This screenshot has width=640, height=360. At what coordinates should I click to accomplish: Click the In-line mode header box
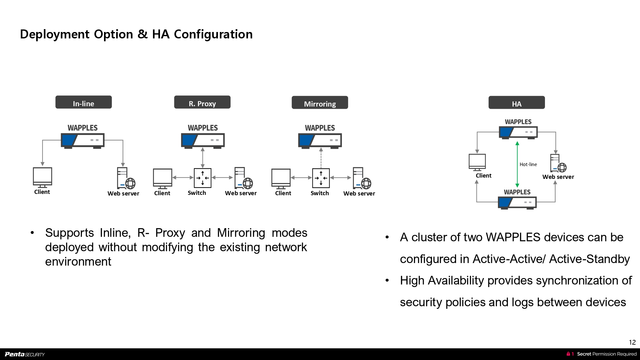[84, 102]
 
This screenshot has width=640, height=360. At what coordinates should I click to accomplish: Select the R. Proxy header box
[202, 102]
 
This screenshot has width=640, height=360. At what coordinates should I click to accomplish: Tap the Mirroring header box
[320, 103]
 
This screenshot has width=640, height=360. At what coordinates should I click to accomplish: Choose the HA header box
[516, 103]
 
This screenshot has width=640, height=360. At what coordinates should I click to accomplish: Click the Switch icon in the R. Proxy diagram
[203, 178]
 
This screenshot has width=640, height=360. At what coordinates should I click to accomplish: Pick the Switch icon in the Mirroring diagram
[321, 178]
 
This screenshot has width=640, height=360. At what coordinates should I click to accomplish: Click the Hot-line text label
[528, 164]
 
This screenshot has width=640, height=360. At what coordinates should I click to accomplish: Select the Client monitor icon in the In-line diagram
[42, 177]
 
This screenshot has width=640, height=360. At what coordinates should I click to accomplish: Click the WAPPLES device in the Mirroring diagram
[320, 141]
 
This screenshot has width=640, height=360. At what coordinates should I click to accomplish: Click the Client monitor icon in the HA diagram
[477, 162]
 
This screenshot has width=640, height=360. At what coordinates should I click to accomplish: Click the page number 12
[632, 342]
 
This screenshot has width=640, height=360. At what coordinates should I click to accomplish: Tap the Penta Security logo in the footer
[25, 354]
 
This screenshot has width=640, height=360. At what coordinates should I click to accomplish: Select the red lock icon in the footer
[568, 354]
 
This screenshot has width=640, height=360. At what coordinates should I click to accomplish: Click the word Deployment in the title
[54, 34]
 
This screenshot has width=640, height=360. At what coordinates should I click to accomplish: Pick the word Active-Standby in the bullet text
[589, 259]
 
